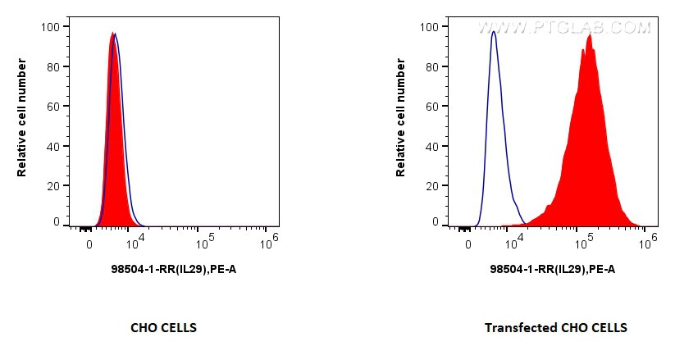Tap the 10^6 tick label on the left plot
267,242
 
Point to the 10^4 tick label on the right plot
517,242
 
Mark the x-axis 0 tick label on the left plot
89,244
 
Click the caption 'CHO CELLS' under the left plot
163,328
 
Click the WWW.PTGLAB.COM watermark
564,28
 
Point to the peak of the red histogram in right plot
590,34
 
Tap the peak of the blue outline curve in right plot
493,32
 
